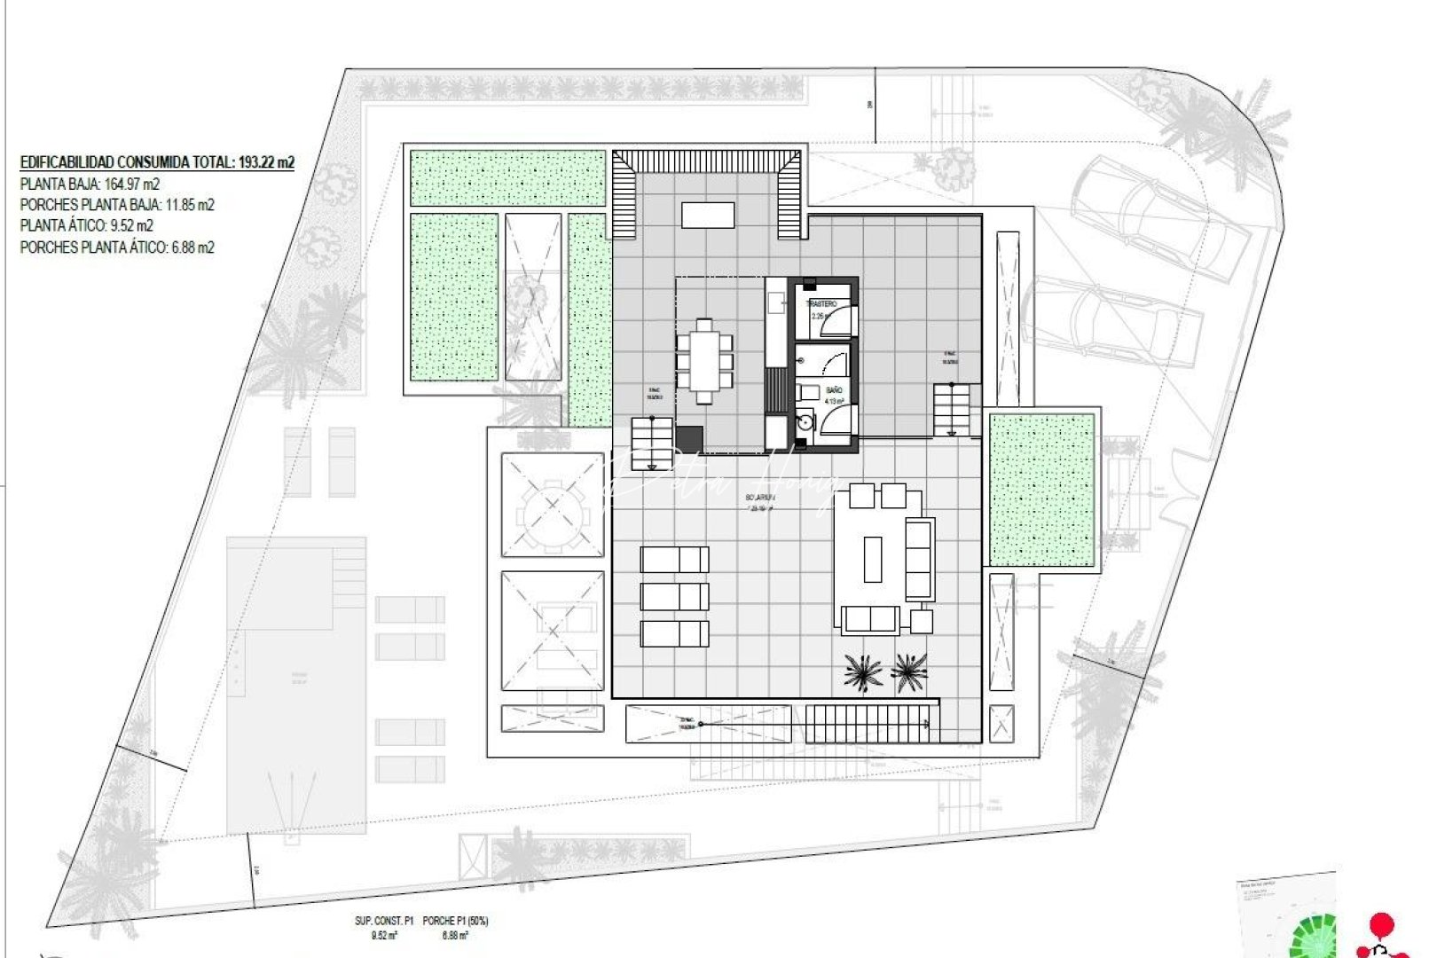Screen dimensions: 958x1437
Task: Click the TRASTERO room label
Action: pos(821,304)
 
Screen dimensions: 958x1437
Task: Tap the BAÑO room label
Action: pos(834,390)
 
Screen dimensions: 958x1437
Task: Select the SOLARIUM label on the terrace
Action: pos(761,499)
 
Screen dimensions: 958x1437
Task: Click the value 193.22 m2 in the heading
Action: pos(266,162)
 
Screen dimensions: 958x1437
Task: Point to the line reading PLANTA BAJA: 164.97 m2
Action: pos(90,185)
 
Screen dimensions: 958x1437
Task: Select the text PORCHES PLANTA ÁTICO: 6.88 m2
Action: pos(117,247)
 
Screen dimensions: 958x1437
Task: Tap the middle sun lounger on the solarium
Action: pos(674,596)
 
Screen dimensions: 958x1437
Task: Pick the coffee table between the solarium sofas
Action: pos(873,559)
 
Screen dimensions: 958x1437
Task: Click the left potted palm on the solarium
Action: pos(863,671)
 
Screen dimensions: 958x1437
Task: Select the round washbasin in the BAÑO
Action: pos(804,422)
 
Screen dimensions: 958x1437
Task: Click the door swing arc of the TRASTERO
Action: pos(834,325)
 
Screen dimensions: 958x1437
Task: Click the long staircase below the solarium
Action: pos(871,723)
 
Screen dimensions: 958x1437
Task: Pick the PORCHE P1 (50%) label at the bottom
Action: pos(455,922)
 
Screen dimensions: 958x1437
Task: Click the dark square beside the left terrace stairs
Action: pos(689,438)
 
